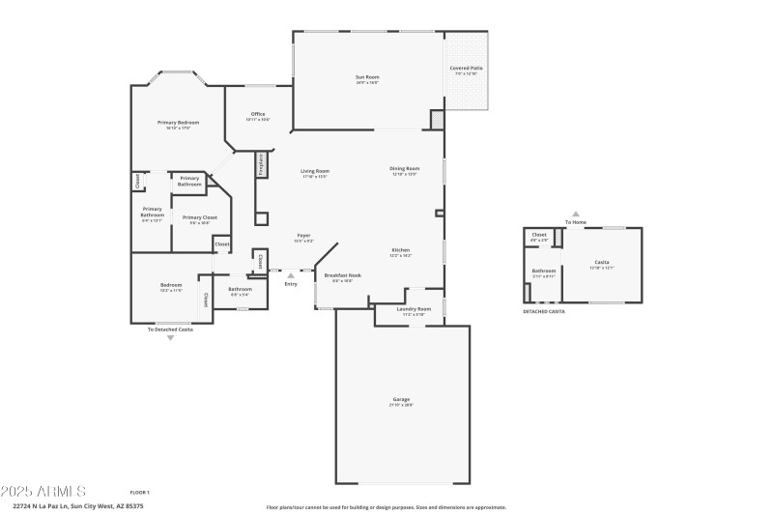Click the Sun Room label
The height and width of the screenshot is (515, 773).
point(367,79)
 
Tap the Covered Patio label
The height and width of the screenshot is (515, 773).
point(467,70)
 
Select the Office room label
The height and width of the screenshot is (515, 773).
point(257,116)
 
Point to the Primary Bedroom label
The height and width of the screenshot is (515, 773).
point(179,125)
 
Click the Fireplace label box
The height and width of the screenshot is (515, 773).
point(261,164)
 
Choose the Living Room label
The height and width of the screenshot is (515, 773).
point(315,173)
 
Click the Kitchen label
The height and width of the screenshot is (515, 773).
point(401,252)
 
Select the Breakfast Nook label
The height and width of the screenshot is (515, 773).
point(342,277)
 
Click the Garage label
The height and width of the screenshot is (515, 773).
point(401,401)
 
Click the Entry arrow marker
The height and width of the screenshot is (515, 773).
point(291,275)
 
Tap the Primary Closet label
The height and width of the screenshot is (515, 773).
point(199,219)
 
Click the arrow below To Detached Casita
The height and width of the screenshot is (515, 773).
point(171,337)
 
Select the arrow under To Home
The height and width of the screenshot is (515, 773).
point(576,215)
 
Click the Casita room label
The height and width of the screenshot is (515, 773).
point(601,264)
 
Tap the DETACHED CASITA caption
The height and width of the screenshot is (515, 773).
point(544,311)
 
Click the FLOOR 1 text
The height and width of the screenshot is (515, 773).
point(139,493)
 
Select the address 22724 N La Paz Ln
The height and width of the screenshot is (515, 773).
point(77,505)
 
